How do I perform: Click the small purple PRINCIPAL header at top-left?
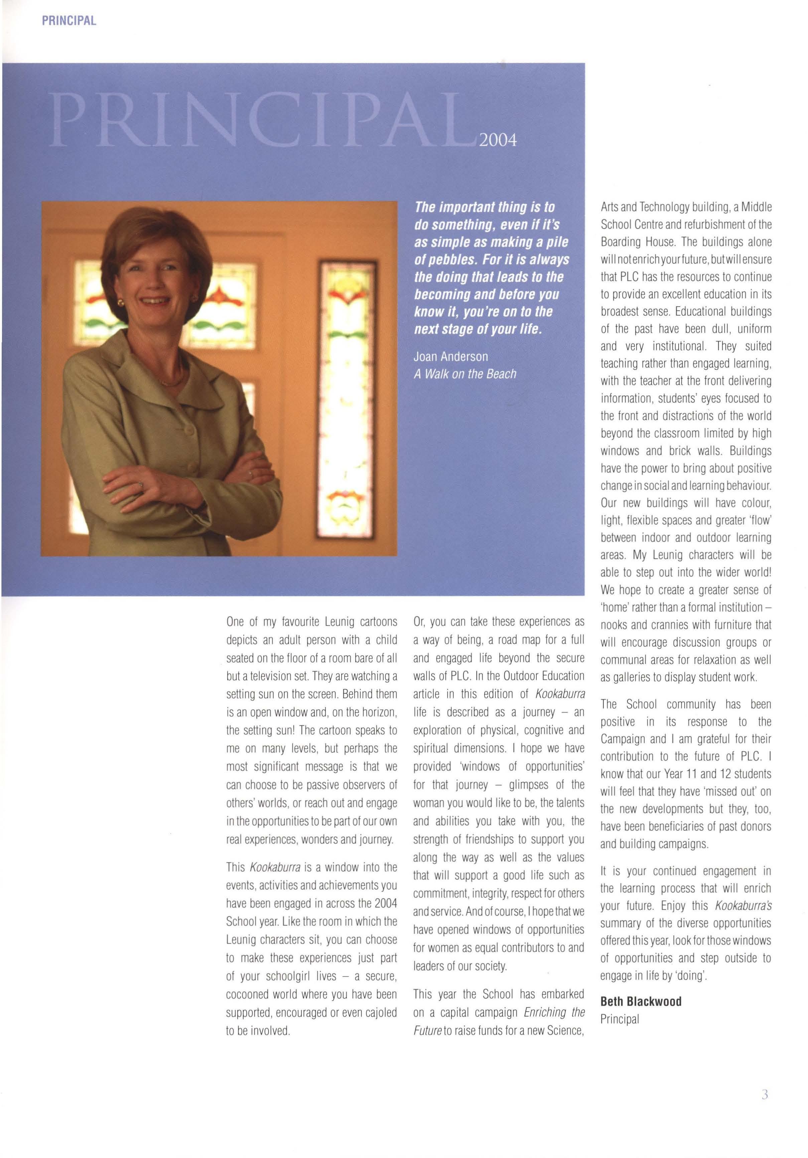[69, 21]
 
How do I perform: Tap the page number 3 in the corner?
[765, 1109]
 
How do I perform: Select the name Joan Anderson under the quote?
[451, 357]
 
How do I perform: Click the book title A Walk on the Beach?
[465, 374]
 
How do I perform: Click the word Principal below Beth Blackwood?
[620, 1019]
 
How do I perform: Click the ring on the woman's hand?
[142, 485]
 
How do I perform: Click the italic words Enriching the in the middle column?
[554, 1012]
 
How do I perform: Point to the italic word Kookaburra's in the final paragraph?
[743, 906]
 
